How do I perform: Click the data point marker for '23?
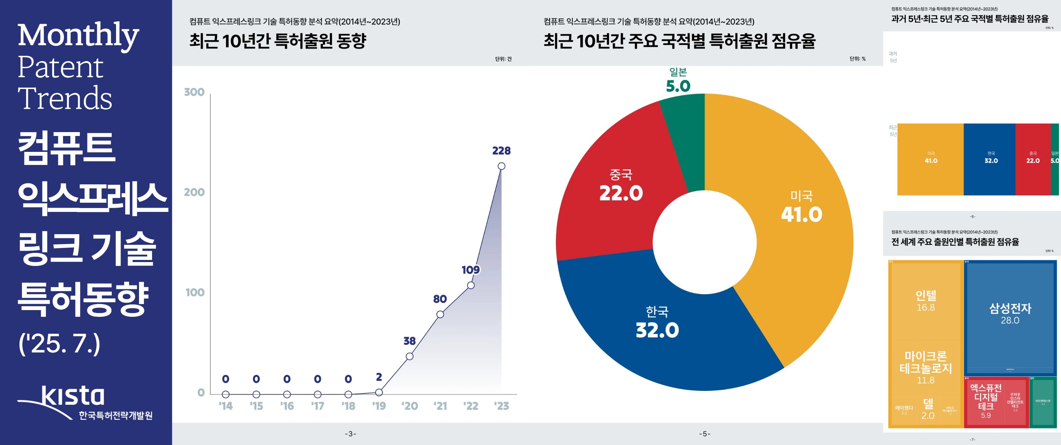[501, 166]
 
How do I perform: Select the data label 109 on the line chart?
[471, 270]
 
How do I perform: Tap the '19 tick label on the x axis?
[379, 407]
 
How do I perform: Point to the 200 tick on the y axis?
[195, 192]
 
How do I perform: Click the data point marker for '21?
[440, 314]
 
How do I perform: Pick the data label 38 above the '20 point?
[410, 341]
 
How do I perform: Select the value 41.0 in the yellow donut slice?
[801, 215]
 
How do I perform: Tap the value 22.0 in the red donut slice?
[621, 193]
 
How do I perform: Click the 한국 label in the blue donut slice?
[657, 312]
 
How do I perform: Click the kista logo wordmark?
[73, 396]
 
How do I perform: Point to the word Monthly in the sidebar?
[78, 36]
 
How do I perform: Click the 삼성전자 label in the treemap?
[1010, 308]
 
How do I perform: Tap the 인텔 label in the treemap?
[926, 295]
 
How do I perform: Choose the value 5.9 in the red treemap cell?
[986, 415]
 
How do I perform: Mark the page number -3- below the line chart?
[350, 433]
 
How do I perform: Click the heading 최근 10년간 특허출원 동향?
[278, 41]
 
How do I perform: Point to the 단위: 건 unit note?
[503, 59]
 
